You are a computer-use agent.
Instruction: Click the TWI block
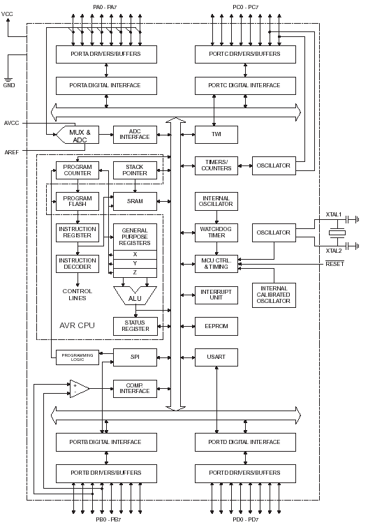coord(216,135)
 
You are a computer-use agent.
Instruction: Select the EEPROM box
coord(216,326)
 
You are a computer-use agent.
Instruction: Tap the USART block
coord(216,357)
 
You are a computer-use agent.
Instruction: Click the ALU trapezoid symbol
coord(135,296)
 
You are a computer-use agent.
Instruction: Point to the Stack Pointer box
coord(135,170)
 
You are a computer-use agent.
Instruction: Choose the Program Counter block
coord(78,170)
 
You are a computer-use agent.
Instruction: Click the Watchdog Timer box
coord(216,232)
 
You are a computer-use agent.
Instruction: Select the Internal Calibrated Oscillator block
coord(274,295)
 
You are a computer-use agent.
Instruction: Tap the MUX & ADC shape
coord(78,135)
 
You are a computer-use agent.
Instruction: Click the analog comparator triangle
coord(79,389)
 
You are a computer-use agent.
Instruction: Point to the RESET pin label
coord(334,264)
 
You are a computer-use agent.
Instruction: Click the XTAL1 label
coord(334,214)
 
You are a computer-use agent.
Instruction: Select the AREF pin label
coord(11,152)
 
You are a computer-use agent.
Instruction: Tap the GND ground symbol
coord(8,80)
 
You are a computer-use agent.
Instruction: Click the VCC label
coord(7,14)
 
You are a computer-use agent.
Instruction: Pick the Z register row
coord(135,273)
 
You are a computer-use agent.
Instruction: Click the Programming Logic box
coord(78,357)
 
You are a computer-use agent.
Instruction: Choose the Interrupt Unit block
coord(216,295)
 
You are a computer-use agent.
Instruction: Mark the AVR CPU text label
coord(77,325)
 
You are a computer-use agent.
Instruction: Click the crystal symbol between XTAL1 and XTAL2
coord(337,232)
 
